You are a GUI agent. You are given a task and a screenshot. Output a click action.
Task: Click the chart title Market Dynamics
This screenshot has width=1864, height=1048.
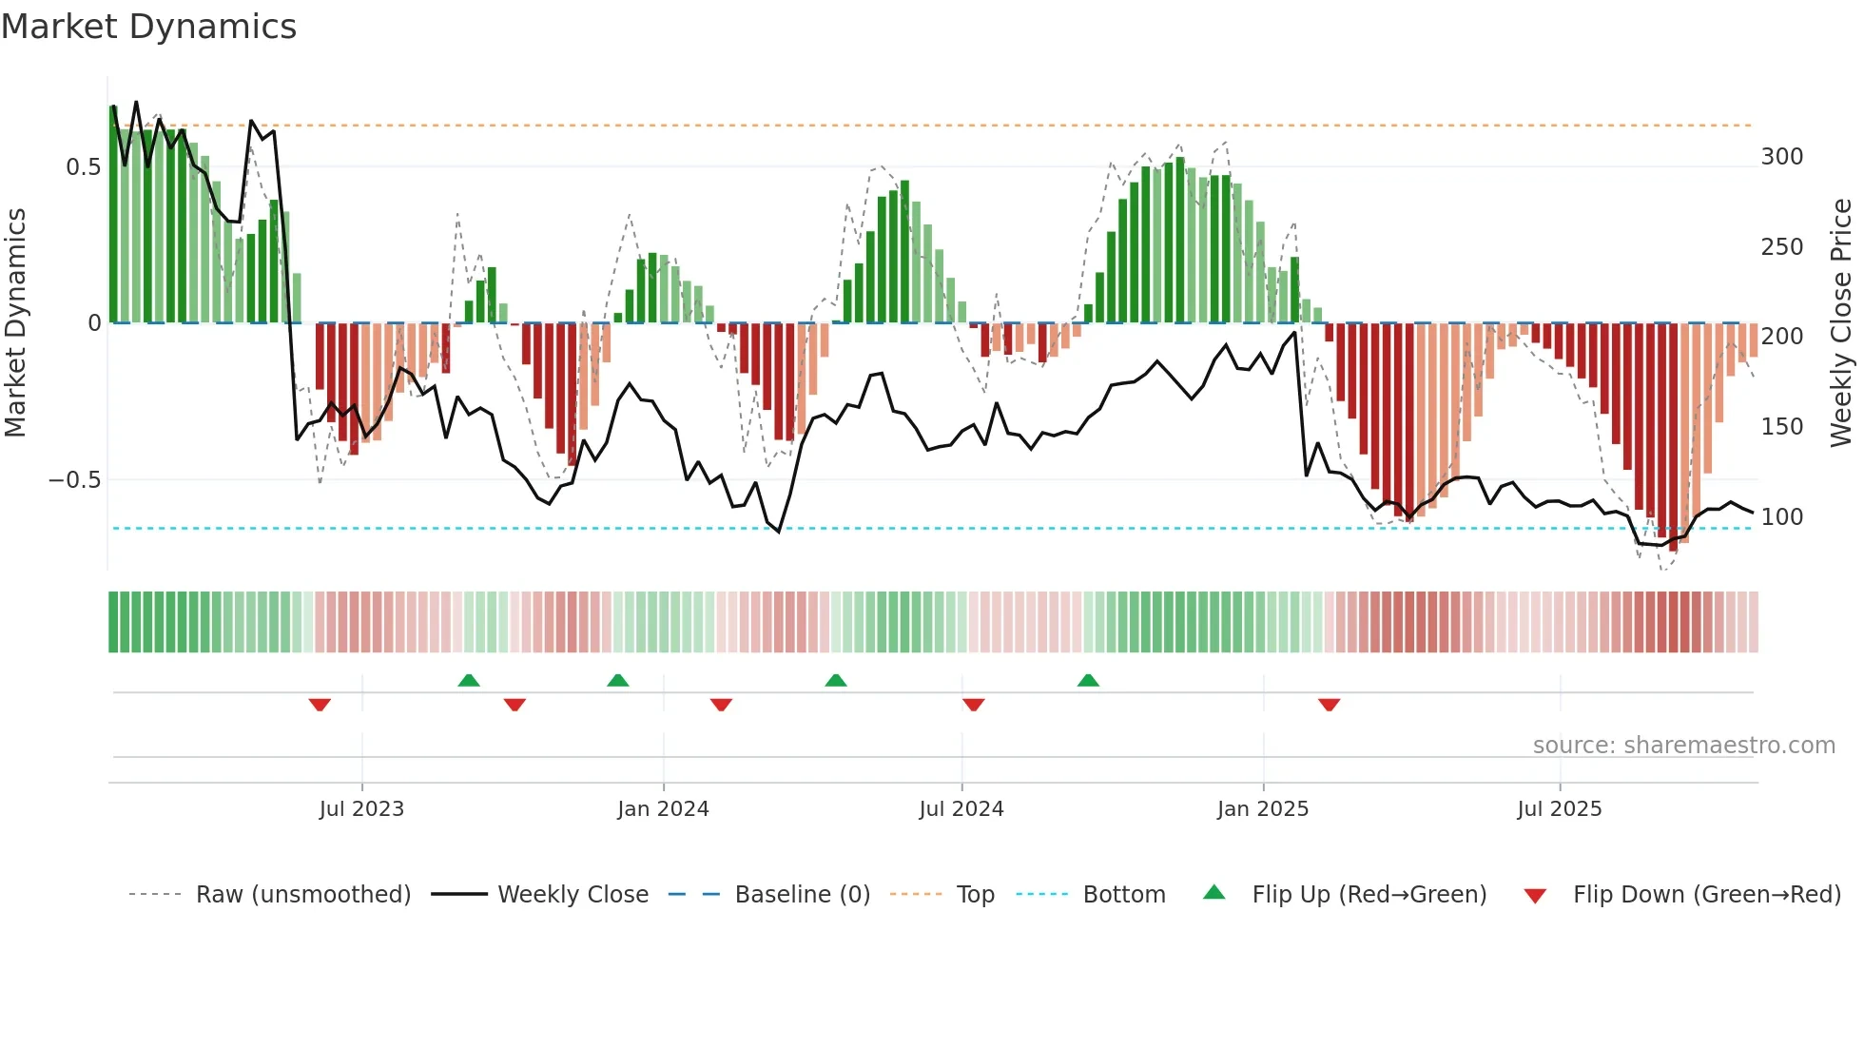(x=149, y=27)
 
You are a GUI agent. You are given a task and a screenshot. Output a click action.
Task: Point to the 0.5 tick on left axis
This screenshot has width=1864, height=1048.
(x=84, y=167)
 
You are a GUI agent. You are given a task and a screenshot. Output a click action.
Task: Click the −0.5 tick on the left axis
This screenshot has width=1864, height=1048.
(x=75, y=480)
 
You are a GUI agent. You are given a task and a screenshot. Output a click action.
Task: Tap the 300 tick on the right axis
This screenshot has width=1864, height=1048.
(x=1781, y=157)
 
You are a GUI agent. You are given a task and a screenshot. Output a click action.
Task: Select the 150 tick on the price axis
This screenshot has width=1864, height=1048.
(x=1781, y=427)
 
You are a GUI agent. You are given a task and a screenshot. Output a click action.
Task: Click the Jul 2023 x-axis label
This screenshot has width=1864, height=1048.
(x=361, y=809)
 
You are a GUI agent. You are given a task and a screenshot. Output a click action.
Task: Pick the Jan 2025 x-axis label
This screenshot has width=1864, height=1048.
(x=1262, y=809)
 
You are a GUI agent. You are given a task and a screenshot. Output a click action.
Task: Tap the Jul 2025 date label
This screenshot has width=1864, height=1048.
(x=1559, y=809)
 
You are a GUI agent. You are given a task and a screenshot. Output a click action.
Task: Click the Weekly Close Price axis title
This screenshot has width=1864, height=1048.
(x=1841, y=323)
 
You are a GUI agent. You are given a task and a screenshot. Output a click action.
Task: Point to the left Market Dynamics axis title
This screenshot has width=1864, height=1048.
(x=16, y=323)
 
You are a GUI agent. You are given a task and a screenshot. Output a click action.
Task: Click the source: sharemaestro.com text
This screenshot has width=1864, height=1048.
(x=1683, y=746)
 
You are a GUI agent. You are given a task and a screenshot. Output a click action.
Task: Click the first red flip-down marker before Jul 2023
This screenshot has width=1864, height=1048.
(x=320, y=705)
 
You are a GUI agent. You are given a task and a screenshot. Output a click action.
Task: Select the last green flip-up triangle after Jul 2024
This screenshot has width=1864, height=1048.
(x=1088, y=680)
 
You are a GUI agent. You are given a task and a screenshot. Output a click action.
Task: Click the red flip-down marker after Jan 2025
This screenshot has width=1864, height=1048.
(x=1329, y=705)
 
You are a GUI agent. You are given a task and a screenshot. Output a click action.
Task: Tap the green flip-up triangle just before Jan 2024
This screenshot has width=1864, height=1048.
(x=618, y=680)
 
